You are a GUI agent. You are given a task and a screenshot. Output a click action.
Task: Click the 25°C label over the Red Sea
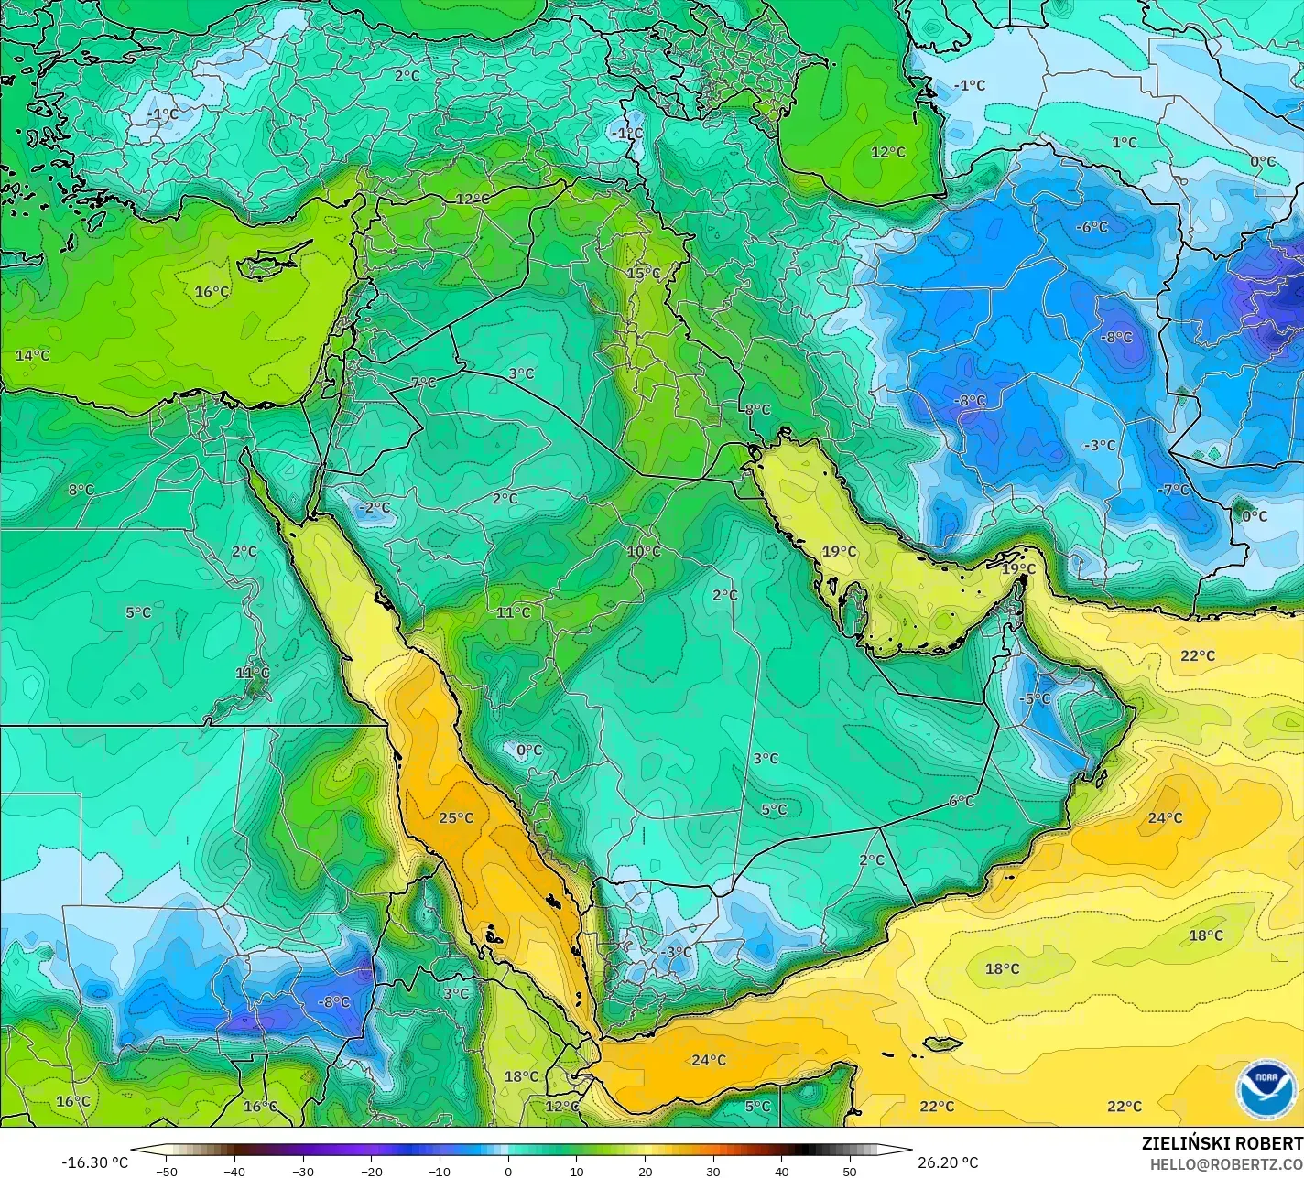(x=456, y=817)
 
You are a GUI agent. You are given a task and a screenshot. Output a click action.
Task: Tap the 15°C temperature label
(x=644, y=273)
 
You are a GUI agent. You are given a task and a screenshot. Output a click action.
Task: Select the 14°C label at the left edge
(x=33, y=355)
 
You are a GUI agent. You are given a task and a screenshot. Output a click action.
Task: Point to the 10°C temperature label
(x=644, y=551)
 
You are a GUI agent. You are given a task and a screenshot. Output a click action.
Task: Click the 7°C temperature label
(x=423, y=383)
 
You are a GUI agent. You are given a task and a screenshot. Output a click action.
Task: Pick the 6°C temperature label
(x=962, y=801)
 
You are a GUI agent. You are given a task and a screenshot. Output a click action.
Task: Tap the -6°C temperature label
(x=1092, y=226)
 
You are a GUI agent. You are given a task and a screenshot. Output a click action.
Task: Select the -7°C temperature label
(x=1173, y=490)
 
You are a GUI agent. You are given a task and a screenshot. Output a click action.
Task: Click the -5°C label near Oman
(x=1036, y=698)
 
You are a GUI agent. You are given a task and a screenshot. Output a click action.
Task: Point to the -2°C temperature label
(x=374, y=507)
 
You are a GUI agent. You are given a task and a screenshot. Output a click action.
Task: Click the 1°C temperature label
(x=1125, y=142)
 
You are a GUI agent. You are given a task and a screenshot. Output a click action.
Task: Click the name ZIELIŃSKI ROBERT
(x=1222, y=1143)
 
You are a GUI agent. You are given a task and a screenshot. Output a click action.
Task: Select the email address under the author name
(x=1226, y=1163)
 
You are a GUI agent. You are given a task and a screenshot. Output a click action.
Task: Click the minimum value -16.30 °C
(x=95, y=1162)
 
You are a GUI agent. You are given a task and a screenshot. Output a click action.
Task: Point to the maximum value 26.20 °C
(x=949, y=1162)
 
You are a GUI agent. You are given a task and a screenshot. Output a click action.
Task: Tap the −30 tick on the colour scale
(x=303, y=1171)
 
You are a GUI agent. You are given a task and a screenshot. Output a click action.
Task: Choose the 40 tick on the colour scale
(x=781, y=1171)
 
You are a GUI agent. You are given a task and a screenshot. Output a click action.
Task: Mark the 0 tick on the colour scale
(x=508, y=1171)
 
